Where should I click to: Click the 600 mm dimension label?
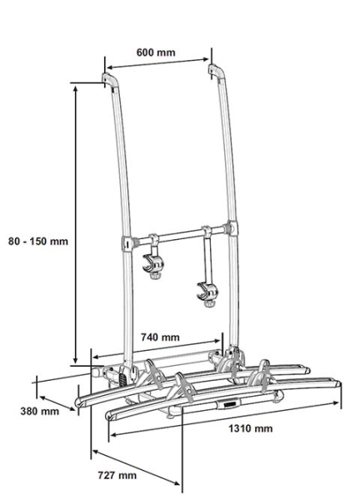tap(156, 52)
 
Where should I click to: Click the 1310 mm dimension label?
tap(252, 428)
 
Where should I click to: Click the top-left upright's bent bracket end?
tap(109, 82)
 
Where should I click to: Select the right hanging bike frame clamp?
tap(206, 292)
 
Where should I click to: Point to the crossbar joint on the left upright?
tap(129, 243)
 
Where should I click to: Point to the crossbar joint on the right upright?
tap(227, 226)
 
